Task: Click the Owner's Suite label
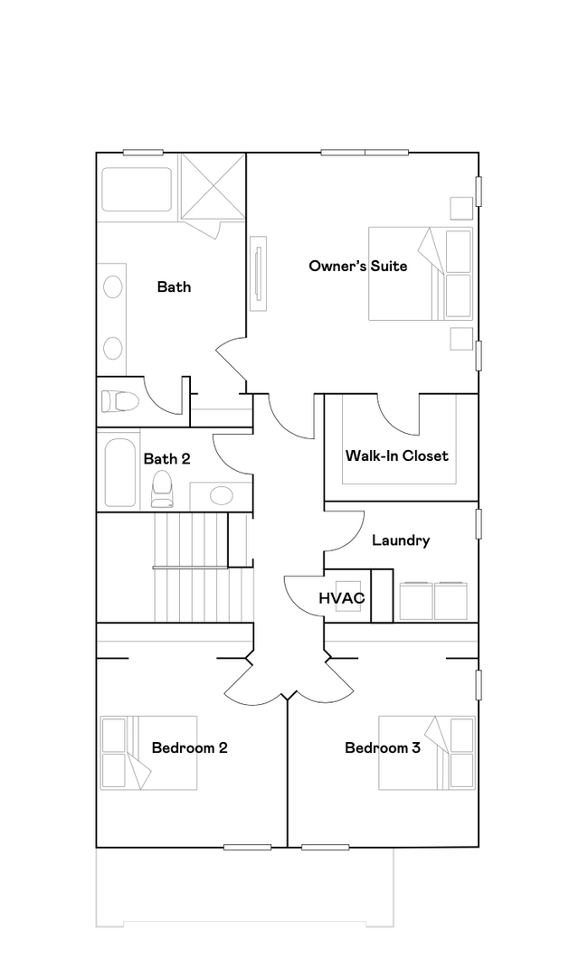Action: point(357,266)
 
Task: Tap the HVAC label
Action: point(341,597)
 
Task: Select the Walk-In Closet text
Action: point(396,455)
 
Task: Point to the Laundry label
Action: point(401,540)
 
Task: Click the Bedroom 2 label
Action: point(189,747)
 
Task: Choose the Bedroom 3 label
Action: point(382,747)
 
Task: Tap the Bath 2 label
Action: point(166,459)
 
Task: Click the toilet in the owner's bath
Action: point(119,399)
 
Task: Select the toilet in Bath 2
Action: point(162,489)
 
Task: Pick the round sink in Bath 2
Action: point(221,495)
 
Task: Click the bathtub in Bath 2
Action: point(119,472)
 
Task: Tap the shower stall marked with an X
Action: point(213,186)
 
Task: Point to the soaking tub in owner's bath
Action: point(136,190)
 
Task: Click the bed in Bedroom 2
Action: point(147,753)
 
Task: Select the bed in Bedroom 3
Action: point(426,753)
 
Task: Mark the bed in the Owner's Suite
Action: point(420,273)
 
